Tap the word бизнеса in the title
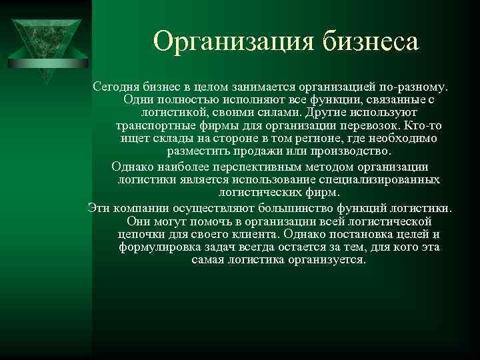[x=371, y=42]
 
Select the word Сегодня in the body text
[x=115, y=87]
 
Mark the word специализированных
[x=381, y=180]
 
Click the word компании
[x=139, y=208]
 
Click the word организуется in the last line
[x=325, y=260]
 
